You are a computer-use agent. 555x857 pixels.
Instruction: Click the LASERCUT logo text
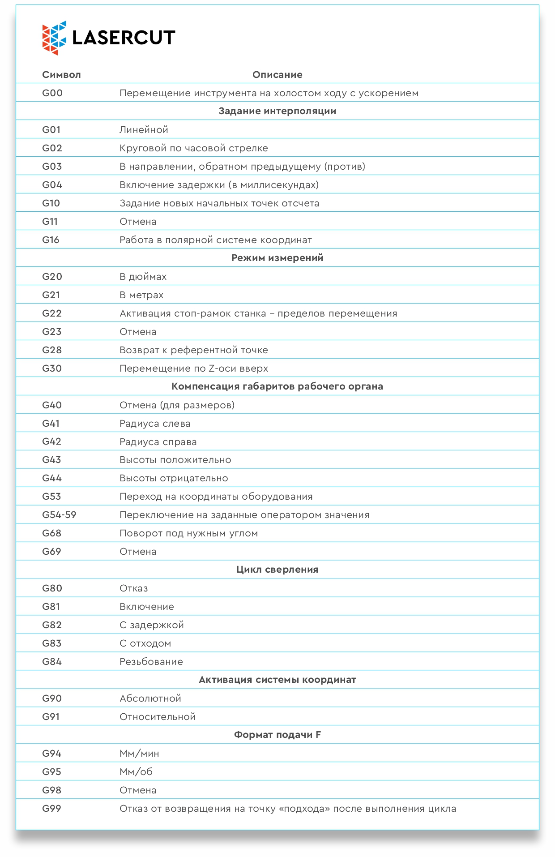click(x=124, y=38)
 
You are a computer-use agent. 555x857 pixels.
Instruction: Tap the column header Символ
click(x=61, y=75)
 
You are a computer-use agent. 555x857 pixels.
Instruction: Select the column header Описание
click(x=277, y=75)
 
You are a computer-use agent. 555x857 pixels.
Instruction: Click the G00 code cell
click(x=52, y=93)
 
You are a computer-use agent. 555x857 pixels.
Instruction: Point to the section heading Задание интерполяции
click(x=277, y=111)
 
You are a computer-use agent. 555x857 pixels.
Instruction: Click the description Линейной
click(x=144, y=130)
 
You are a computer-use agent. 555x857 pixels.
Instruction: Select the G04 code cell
click(x=52, y=185)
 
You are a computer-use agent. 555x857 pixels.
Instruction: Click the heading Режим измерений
click(x=277, y=258)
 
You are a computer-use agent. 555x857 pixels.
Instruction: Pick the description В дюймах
click(x=143, y=277)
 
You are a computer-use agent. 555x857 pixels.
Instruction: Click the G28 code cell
click(x=52, y=350)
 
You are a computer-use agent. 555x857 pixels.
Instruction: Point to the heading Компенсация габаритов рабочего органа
click(x=277, y=386)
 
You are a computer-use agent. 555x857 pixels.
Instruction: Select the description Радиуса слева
click(x=155, y=424)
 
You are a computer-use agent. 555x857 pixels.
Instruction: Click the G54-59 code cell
click(x=59, y=515)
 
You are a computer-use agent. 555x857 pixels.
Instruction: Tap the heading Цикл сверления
click(x=277, y=570)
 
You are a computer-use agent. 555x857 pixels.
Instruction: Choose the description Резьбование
click(x=151, y=662)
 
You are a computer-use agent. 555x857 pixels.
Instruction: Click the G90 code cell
click(x=52, y=698)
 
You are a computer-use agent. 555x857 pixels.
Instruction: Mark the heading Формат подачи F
click(x=277, y=735)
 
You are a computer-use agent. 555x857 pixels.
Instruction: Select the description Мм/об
click(x=136, y=772)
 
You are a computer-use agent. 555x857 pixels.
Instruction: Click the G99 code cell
click(x=51, y=809)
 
